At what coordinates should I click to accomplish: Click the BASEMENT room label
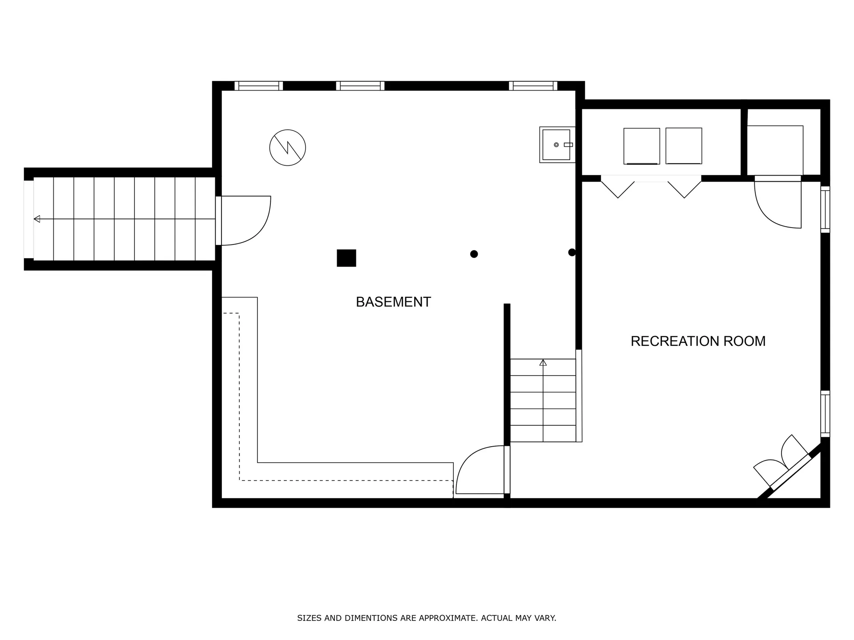393,302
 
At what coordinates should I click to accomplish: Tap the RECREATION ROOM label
698,341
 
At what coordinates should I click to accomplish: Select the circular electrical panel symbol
287,148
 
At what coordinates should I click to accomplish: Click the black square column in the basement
346,258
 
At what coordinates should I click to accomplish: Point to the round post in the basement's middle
474,254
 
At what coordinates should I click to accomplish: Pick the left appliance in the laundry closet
641,146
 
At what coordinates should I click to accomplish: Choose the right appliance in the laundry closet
684,146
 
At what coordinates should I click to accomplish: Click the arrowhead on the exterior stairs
37,219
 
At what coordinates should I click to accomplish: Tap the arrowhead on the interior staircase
543,363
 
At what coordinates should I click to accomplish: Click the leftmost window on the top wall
258,86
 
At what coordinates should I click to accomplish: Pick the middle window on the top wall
360,86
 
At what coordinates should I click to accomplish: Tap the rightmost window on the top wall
533,86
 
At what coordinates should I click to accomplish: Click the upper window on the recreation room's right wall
825,209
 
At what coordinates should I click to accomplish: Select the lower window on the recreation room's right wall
825,414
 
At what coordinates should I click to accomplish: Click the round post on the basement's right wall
572,252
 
